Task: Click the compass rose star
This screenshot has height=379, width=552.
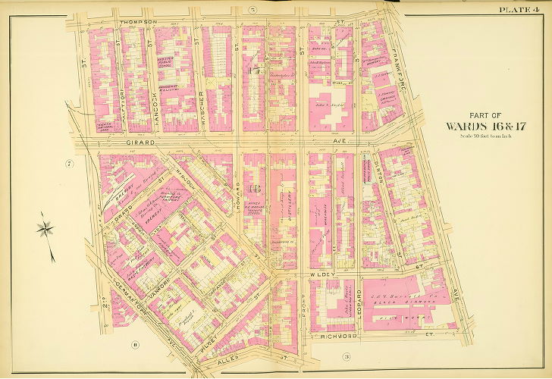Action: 46,227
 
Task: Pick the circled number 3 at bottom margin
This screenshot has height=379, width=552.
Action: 346,356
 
